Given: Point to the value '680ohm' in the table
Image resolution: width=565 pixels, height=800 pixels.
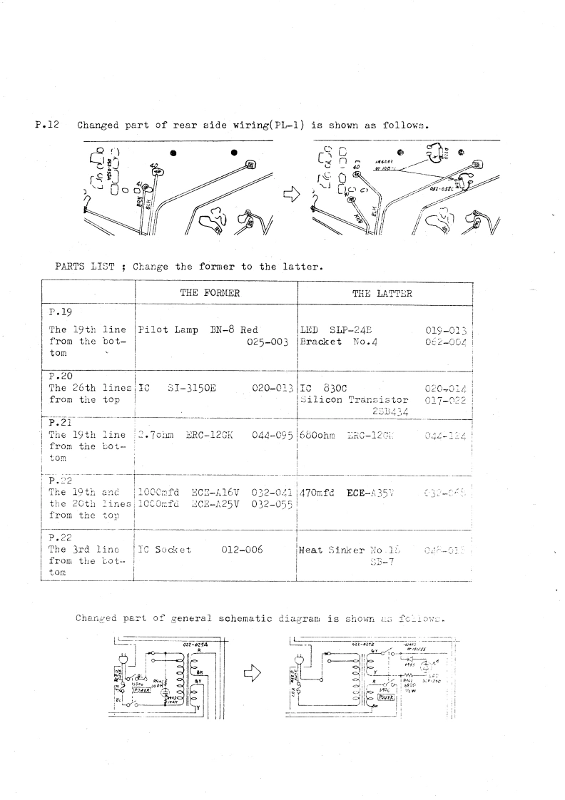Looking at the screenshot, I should click(x=319, y=434).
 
